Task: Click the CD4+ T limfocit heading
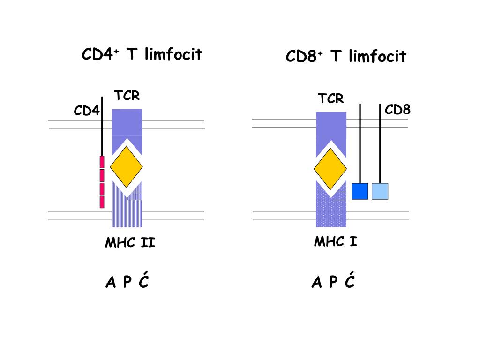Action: pos(142,55)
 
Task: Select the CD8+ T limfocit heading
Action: pos(346,57)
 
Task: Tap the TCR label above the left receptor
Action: pos(127,96)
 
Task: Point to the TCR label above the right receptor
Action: pos(331,98)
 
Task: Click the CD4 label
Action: pos(87,111)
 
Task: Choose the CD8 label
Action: pos(397,110)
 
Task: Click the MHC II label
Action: pos(130,243)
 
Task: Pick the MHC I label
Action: pos(335,242)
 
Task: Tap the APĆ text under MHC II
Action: pos(127,282)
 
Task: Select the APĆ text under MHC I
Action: pos(333,282)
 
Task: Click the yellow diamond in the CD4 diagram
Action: pos(126,166)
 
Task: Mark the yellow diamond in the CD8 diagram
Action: pos(330,168)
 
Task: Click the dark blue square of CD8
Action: pos(360,191)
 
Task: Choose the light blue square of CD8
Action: pos(380,191)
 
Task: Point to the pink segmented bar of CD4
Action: pos(102,181)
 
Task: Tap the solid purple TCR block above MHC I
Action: pos(331,127)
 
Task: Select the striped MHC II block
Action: pos(127,211)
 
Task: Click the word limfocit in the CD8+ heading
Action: pos(377,57)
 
